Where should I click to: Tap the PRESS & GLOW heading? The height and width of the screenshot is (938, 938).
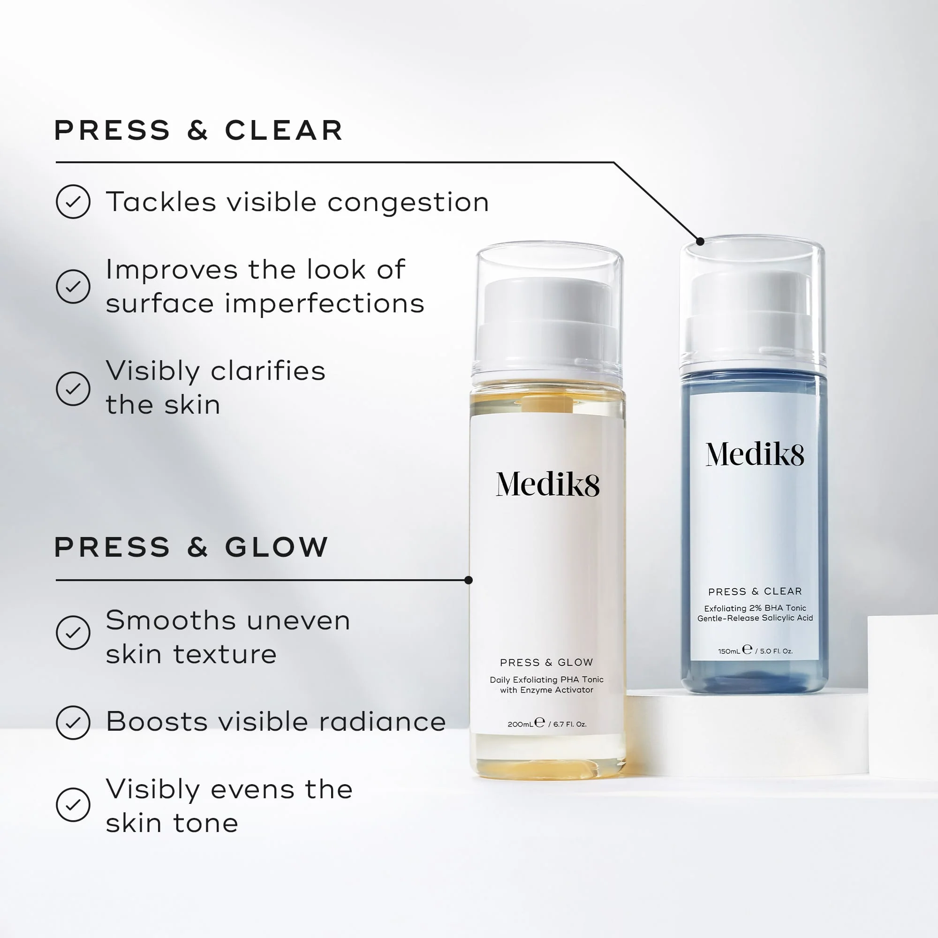coord(191,547)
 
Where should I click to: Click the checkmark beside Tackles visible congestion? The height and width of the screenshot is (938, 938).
coord(73,202)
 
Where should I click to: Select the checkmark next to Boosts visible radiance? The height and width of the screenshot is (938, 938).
coord(73,722)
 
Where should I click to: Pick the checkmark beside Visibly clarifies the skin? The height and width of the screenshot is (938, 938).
coord(73,388)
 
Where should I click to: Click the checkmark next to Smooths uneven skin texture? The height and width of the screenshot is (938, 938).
coord(73,632)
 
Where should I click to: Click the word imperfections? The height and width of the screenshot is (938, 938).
coord(325,304)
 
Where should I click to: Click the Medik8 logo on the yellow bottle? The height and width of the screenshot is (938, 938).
coord(547,484)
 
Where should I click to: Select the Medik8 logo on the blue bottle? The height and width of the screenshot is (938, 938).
coord(755,454)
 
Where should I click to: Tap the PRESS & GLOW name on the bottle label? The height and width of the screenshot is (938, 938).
coord(546,662)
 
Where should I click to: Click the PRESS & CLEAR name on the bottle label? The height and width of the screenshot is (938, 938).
coord(755,591)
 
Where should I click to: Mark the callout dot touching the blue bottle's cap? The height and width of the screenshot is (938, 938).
coord(700,241)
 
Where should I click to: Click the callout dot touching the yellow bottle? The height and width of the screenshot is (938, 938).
coord(469,580)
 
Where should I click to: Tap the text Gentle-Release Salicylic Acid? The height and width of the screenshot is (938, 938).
coord(755,618)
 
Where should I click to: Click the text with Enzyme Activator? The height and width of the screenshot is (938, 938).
coord(546,690)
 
